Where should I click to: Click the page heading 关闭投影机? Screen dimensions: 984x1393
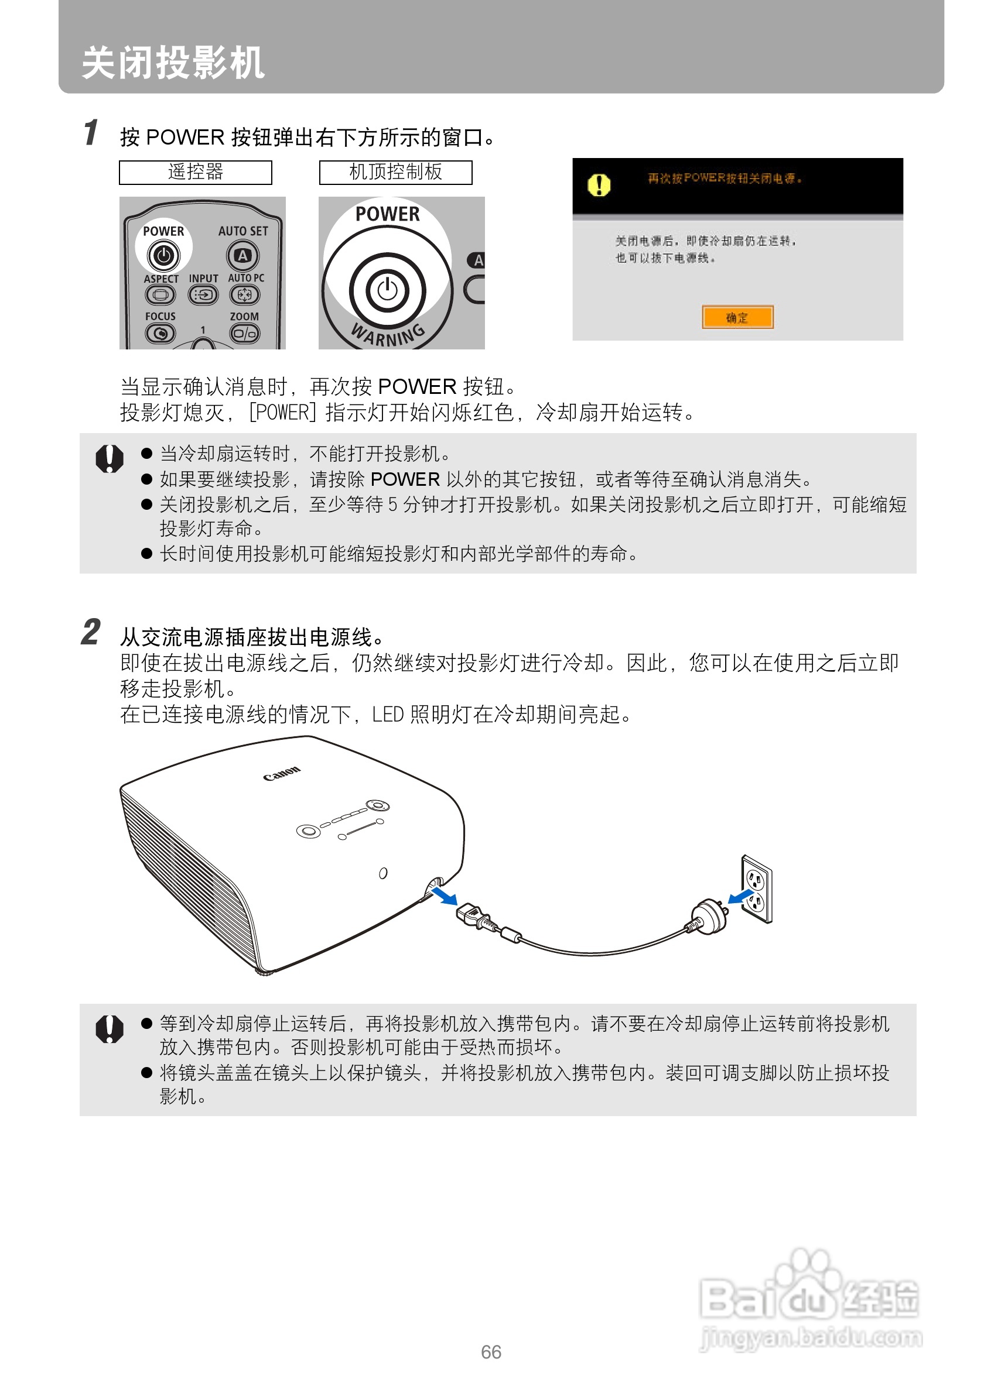173,63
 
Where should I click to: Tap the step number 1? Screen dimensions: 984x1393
90,132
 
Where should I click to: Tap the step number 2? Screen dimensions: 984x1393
91,632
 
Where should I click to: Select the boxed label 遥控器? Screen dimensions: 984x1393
196,172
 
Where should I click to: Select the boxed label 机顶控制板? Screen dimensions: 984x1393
396,172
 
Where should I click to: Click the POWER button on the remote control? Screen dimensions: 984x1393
163,255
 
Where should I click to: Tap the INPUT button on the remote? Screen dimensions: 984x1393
203,295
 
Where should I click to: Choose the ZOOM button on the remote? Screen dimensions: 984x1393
245,333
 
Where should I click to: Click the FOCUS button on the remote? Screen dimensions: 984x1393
160,333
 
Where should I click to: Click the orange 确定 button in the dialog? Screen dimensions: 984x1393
737,317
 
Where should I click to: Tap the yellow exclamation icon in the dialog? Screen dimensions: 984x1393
599,184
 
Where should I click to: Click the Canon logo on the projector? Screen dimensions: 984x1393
282,774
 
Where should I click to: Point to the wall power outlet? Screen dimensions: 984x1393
757,889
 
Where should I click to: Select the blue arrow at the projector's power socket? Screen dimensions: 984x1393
445,896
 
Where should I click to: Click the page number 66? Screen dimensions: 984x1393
491,1352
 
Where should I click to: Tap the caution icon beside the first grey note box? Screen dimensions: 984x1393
110,459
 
